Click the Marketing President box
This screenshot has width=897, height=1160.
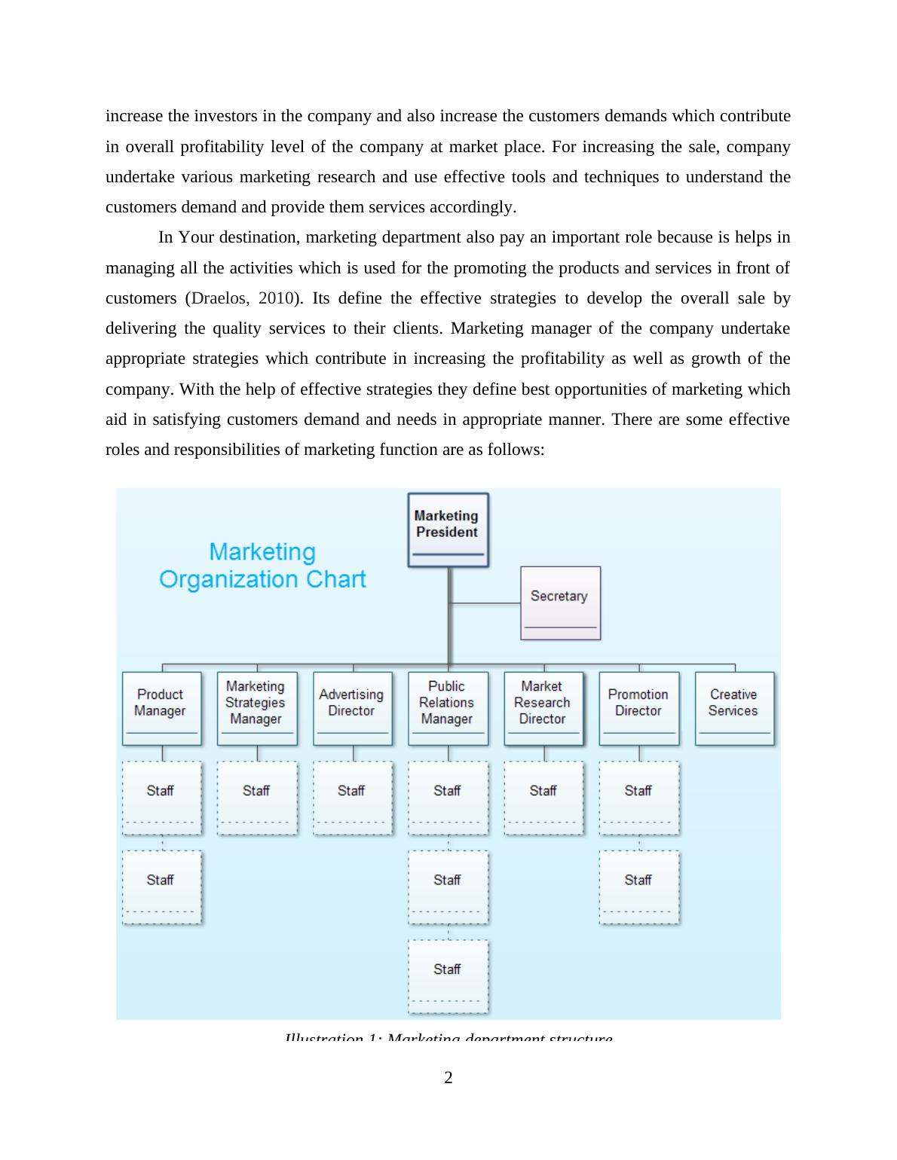(x=448, y=529)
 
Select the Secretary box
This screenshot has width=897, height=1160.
(x=560, y=603)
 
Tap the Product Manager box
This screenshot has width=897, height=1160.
(x=161, y=708)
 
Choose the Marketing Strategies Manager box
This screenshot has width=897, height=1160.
(x=256, y=708)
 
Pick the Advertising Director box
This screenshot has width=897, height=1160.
(x=352, y=708)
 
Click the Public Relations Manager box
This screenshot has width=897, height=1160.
(x=448, y=708)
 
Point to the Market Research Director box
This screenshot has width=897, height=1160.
(x=543, y=708)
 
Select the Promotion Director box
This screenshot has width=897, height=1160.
(x=638, y=708)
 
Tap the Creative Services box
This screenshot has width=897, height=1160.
(x=734, y=708)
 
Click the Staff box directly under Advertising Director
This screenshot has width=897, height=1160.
(x=352, y=797)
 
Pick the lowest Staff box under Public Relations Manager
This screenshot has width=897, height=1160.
(x=448, y=975)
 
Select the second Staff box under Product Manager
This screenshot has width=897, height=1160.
(x=161, y=887)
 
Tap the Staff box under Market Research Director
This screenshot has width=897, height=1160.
(x=543, y=797)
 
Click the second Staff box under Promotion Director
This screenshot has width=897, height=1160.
(x=638, y=887)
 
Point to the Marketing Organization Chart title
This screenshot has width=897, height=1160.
(x=262, y=566)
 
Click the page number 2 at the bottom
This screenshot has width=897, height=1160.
(x=448, y=1078)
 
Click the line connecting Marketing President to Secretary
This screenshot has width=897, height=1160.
(x=485, y=603)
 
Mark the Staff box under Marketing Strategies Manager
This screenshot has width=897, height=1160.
(x=256, y=797)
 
